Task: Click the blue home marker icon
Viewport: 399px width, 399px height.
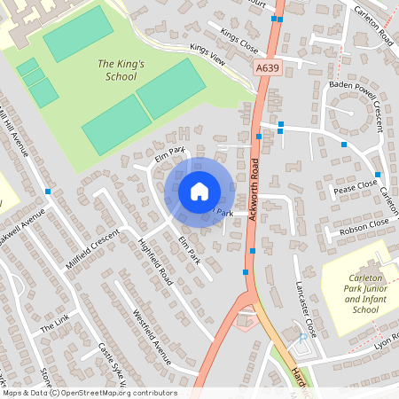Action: [x=199, y=192]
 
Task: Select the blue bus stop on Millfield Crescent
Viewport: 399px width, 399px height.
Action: [x=48, y=192]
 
